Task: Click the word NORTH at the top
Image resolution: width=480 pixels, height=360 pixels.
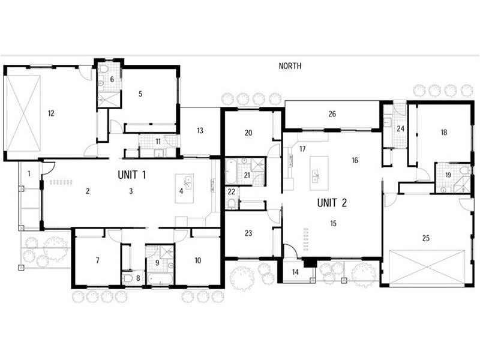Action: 290,66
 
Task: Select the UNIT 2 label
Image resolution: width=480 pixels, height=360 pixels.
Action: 332,202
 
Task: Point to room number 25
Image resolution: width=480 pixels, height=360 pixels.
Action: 425,238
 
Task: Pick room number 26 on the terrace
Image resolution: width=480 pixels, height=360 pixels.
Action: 331,114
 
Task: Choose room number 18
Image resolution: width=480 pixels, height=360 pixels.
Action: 443,132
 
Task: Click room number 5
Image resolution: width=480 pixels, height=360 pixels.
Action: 140,94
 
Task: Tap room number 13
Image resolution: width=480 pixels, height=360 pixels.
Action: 200,131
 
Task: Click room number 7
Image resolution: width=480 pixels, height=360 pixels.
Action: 97,260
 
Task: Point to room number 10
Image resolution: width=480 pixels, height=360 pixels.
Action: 198,260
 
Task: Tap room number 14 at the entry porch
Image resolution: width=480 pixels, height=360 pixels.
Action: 295,272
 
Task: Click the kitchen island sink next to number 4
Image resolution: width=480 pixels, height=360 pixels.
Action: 187,182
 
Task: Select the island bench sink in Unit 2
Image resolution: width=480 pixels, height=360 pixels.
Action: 315,176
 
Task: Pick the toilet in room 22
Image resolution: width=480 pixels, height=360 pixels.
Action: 231,204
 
